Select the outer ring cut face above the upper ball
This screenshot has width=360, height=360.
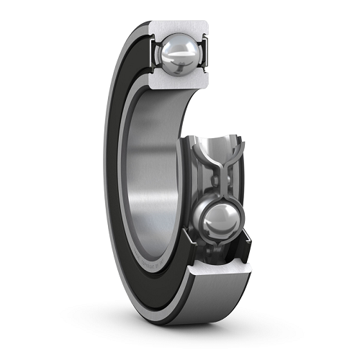179,27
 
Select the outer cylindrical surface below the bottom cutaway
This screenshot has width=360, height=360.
216,310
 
